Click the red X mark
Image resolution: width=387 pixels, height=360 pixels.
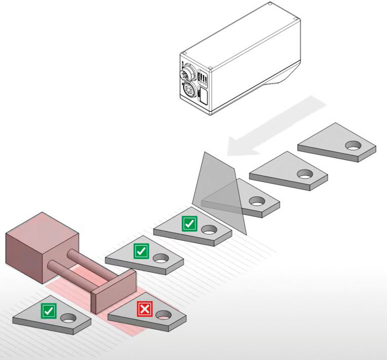(x=145, y=309)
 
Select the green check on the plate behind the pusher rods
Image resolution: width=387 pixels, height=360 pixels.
(x=140, y=250)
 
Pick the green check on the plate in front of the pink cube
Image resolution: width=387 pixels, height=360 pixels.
(x=49, y=310)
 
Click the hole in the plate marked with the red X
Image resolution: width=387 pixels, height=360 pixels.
(x=164, y=315)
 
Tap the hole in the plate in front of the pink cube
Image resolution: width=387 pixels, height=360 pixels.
(x=67, y=318)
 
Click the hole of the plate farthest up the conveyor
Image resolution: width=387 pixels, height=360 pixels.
(x=353, y=146)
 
